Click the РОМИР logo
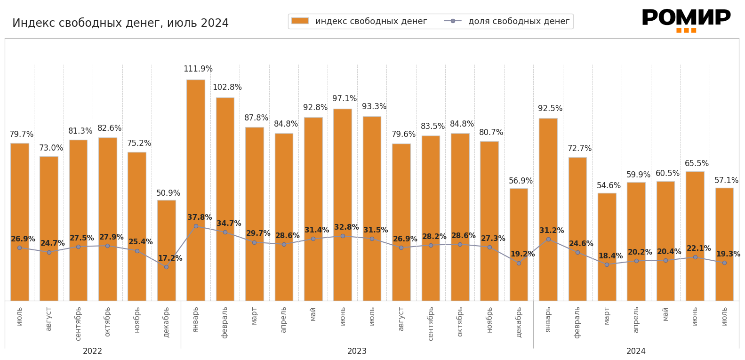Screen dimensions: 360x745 click(686, 20)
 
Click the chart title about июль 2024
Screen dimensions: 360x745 click(120, 23)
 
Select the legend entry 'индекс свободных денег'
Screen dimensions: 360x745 click(359, 21)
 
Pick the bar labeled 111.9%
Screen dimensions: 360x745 click(196, 188)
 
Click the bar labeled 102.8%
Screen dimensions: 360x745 click(225, 198)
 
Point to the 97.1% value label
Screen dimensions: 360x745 click(344, 99)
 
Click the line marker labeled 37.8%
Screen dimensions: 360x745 click(196, 226)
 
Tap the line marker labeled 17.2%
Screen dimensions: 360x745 click(166, 267)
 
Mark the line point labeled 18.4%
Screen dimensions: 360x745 click(607, 264)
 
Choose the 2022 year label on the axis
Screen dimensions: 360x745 click(92, 352)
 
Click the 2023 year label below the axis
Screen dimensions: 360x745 click(357, 352)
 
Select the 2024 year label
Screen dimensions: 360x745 click(636, 352)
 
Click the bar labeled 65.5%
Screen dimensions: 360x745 click(695, 235)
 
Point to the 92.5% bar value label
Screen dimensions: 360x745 click(550, 109)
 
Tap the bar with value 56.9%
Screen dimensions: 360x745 click(519, 245)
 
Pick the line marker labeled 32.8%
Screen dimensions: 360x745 click(343, 236)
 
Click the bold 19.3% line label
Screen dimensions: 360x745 click(728, 254)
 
